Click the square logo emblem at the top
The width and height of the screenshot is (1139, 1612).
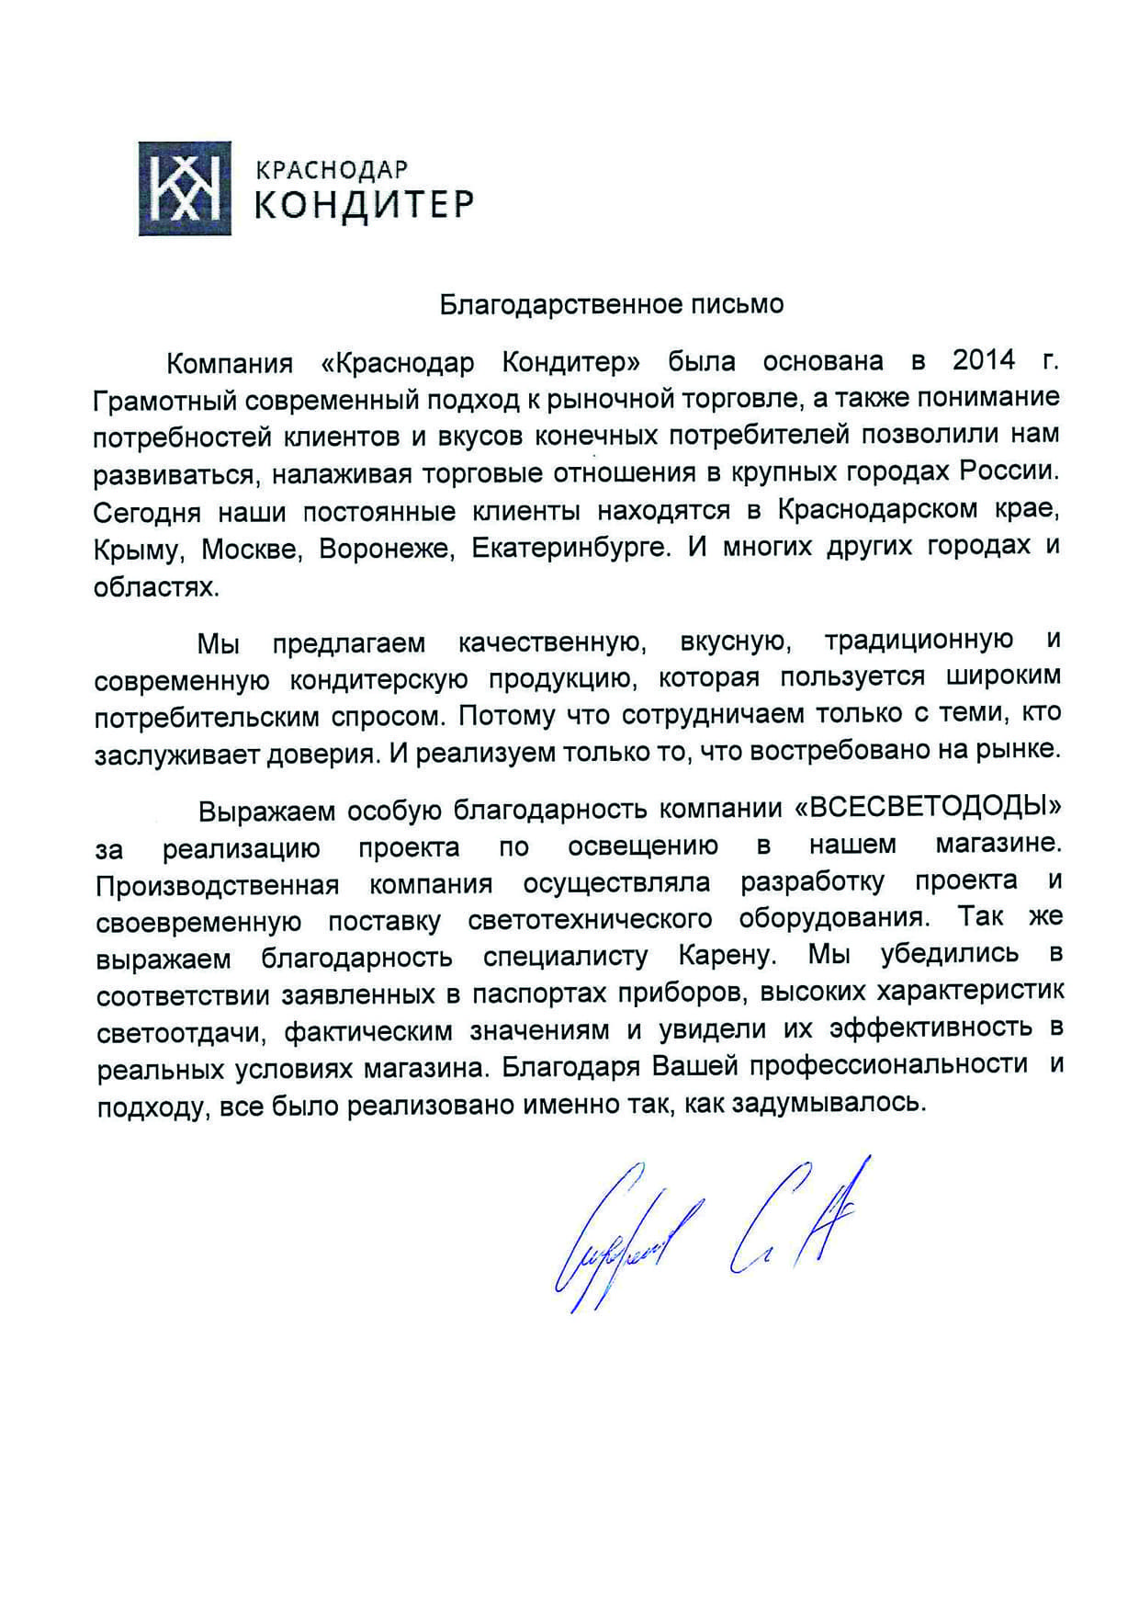click(x=184, y=188)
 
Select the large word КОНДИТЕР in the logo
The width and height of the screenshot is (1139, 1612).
click(x=364, y=204)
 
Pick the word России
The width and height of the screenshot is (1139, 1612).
click(x=1009, y=471)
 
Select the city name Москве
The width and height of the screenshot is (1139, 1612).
click(x=250, y=549)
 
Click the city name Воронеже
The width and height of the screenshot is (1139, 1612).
click(x=386, y=549)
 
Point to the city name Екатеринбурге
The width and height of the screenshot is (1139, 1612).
click(x=569, y=549)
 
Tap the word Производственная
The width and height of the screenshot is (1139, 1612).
click(x=217, y=885)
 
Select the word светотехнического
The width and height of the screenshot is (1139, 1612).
click(x=590, y=920)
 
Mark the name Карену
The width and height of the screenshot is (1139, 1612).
click(x=727, y=956)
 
